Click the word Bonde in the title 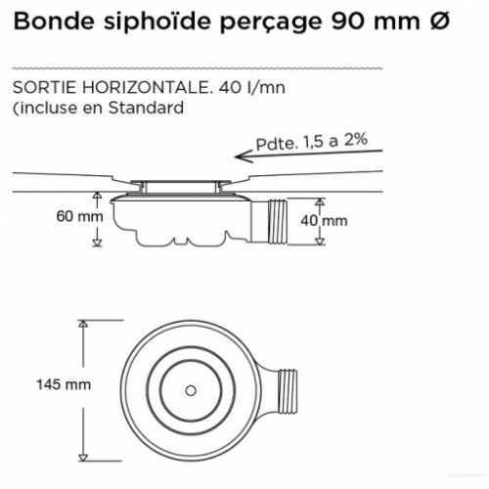point(54,22)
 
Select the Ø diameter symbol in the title point(440,22)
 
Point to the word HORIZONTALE point(146,87)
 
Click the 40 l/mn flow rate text point(251,87)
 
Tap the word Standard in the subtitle point(146,108)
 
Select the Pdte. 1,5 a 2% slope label point(312,142)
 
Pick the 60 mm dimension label point(79,216)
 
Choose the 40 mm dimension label point(324,221)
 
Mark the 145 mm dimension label point(64,384)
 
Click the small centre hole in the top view point(191,390)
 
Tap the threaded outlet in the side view point(277,221)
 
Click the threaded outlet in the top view point(287,392)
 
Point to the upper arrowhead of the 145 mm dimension point(83,324)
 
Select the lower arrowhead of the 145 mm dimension point(83,457)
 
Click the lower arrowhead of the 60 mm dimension point(98,243)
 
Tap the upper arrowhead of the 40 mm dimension point(320,202)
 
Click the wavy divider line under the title point(198,68)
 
